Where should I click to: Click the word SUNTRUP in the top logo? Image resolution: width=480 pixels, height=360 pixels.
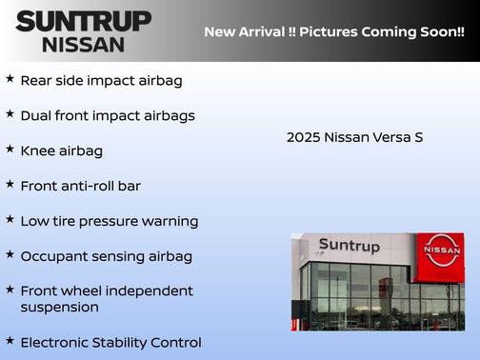point(83,21)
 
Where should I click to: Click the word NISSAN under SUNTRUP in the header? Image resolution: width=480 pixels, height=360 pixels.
point(83,44)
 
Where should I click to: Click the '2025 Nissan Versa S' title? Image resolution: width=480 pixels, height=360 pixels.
point(354,137)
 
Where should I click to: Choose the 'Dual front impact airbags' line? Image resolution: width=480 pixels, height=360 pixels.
point(108,115)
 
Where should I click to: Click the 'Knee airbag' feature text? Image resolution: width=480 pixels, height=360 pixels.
point(62,150)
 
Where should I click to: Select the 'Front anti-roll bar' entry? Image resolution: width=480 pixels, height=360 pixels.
point(80,186)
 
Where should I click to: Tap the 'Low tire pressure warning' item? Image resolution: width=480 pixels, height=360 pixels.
point(109,221)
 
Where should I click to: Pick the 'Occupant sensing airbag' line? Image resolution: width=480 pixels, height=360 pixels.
point(106,256)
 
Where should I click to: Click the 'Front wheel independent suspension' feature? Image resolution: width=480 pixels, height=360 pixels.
point(106,299)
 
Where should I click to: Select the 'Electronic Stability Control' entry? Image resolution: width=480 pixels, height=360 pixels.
point(110,342)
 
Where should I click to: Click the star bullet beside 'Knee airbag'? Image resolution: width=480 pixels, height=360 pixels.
point(10,150)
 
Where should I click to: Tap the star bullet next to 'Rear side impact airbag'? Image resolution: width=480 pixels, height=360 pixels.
point(10,79)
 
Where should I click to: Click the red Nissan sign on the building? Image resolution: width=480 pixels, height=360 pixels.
point(442,250)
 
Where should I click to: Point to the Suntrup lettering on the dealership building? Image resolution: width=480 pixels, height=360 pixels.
point(349,246)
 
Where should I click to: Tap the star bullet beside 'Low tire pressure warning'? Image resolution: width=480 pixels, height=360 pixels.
point(10,220)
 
